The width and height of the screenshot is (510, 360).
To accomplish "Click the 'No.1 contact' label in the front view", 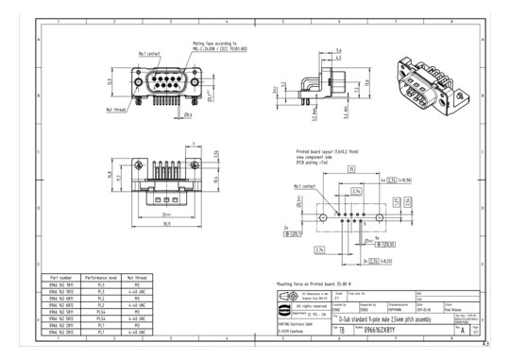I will (x=150, y=54).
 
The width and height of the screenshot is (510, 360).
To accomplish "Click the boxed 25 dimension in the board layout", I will (x=351, y=169).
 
